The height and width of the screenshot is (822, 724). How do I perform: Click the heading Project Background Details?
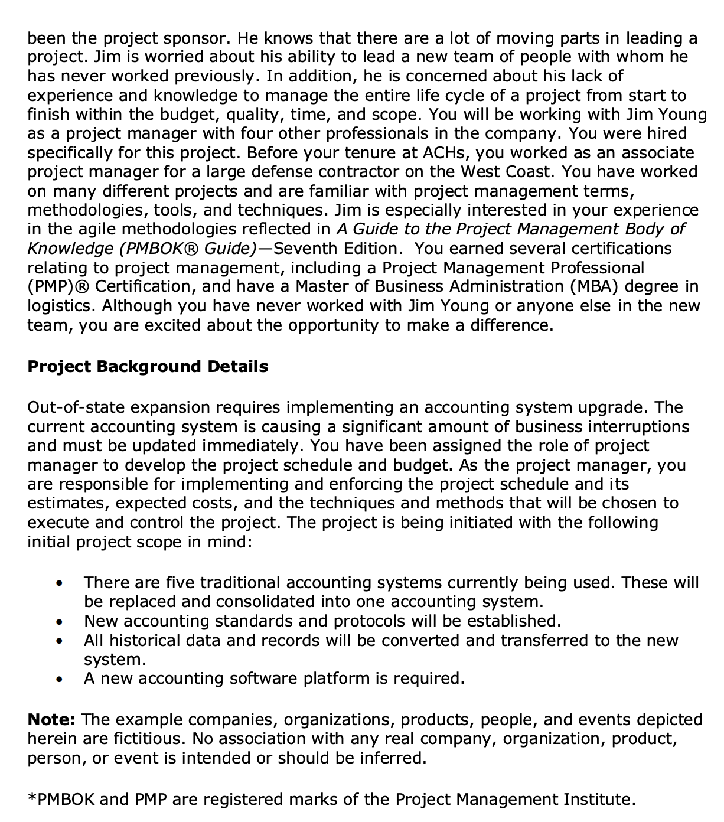pyautogui.click(x=148, y=367)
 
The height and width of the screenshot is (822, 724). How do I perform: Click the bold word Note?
pyautogui.click(x=51, y=720)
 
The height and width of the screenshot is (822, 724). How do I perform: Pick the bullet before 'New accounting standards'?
pyautogui.click(x=59, y=622)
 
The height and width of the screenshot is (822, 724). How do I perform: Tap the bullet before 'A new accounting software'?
pyautogui.click(x=59, y=680)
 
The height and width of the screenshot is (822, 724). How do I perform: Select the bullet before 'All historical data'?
pyautogui.click(x=59, y=641)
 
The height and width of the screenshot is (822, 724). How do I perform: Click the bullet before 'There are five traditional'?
pyautogui.click(x=59, y=584)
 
